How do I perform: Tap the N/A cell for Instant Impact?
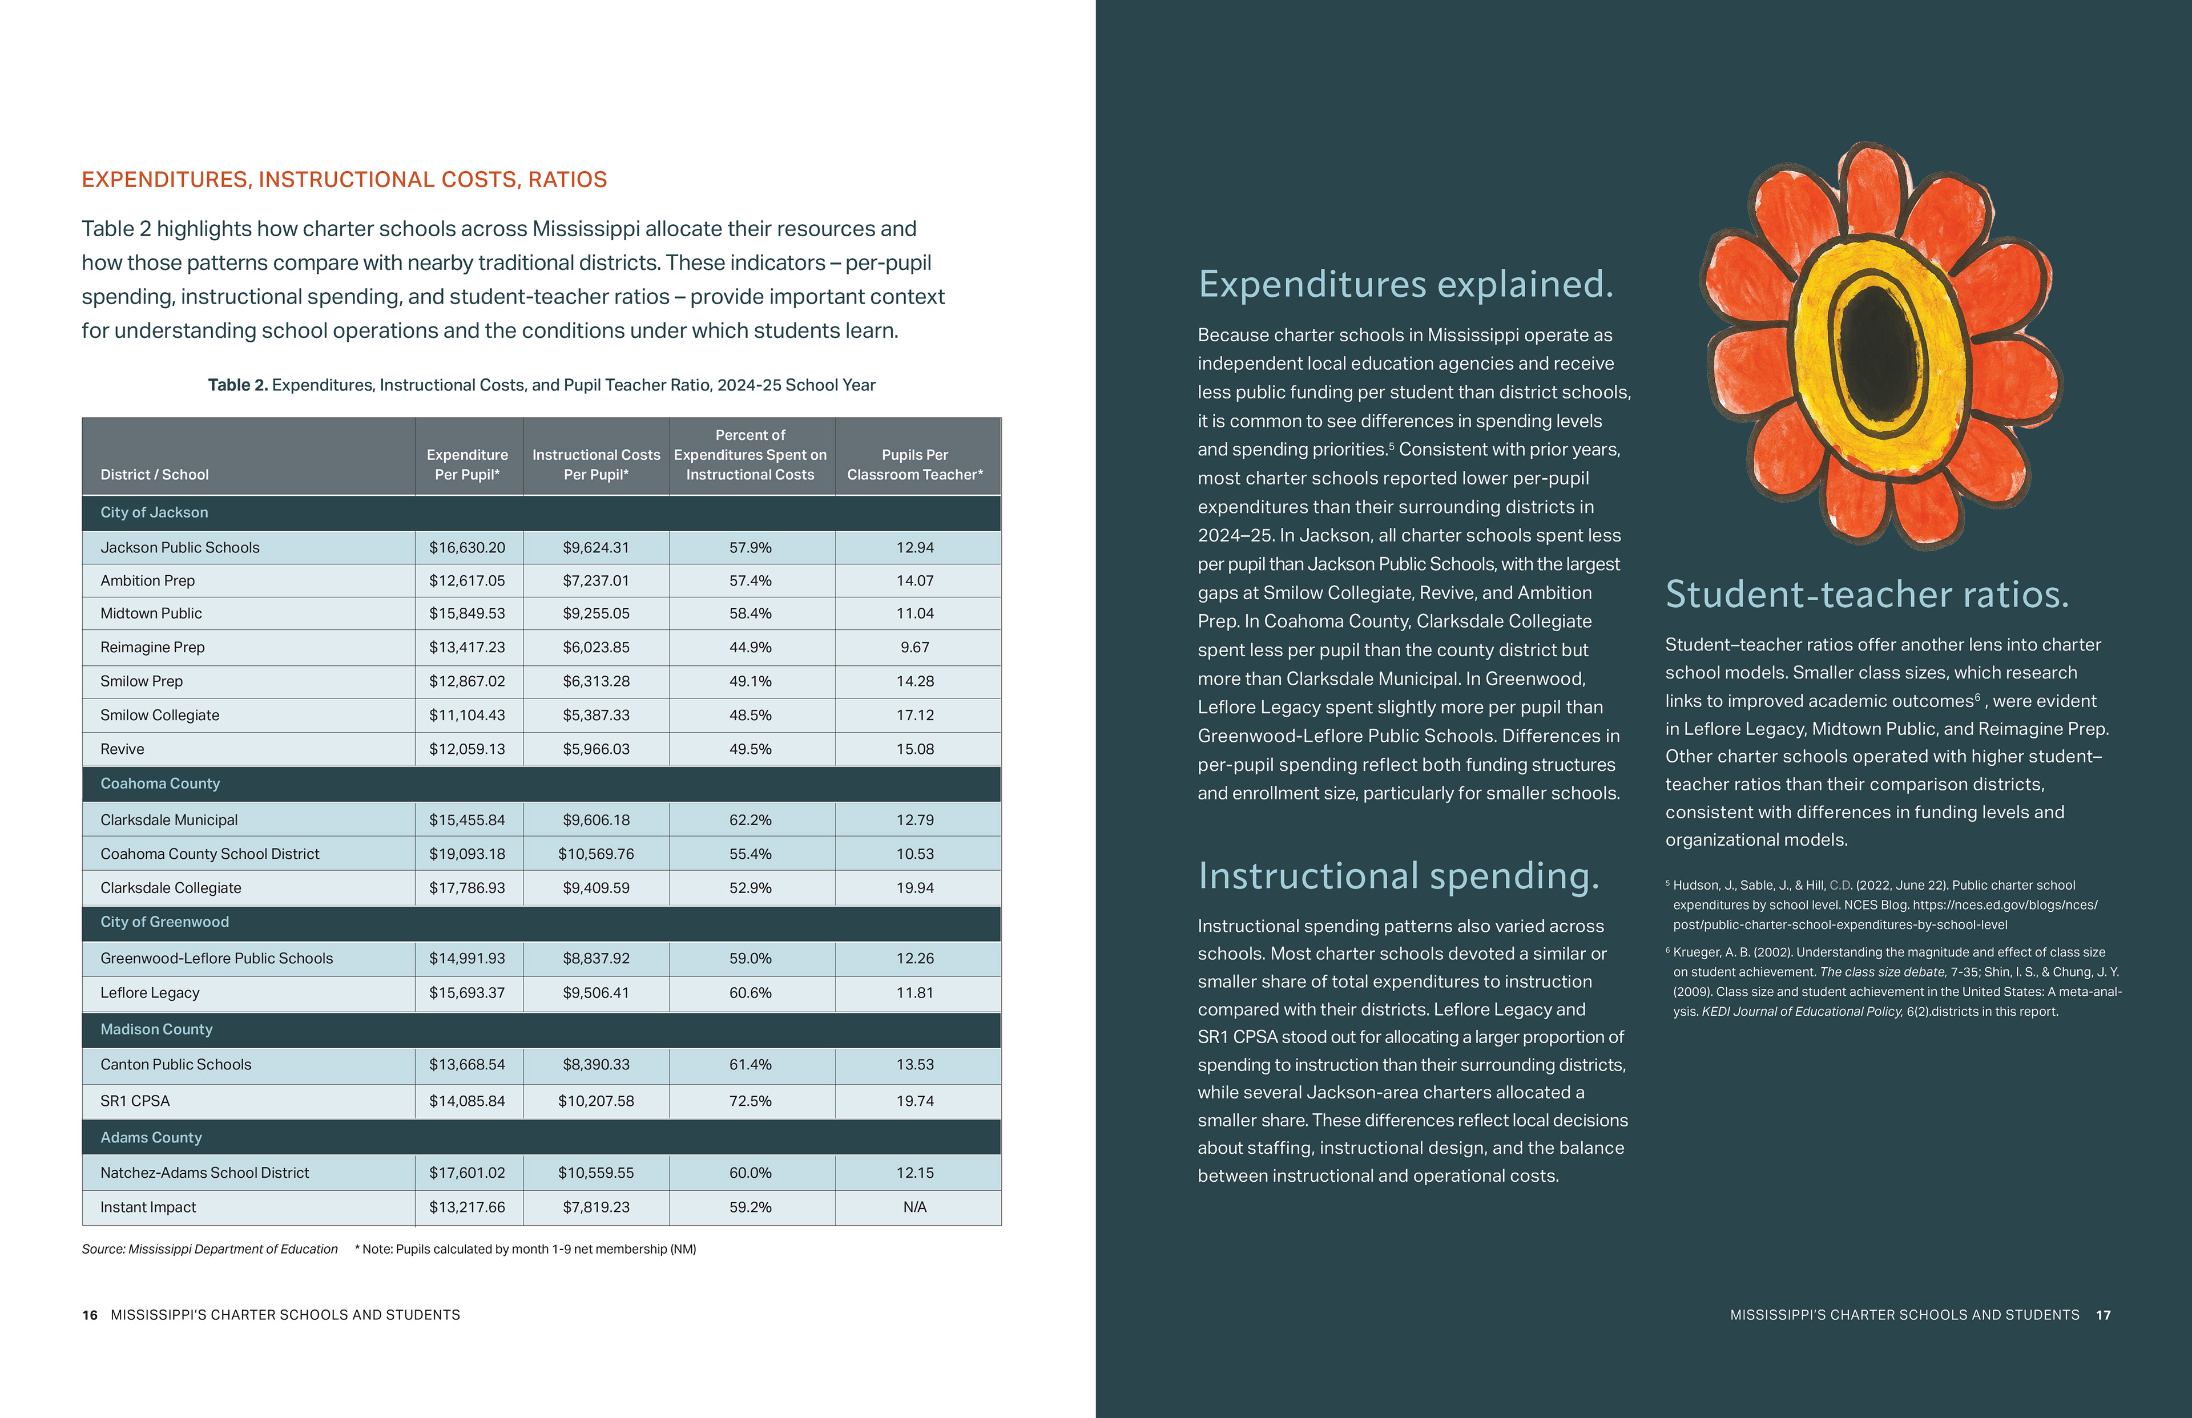[x=914, y=1207]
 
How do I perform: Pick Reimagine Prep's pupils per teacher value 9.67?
[x=914, y=647]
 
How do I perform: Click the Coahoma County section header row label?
[x=160, y=783]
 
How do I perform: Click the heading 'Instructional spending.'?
[x=1398, y=876]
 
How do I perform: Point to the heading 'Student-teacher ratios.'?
[x=1867, y=595]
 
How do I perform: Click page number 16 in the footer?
[x=90, y=1315]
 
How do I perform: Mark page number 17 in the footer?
[x=2102, y=1315]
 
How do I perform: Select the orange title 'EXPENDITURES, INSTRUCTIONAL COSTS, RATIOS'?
[x=344, y=180]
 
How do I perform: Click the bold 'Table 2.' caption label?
[x=237, y=385]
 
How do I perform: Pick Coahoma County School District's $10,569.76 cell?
[x=596, y=854]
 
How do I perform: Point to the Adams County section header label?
[x=151, y=1138]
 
